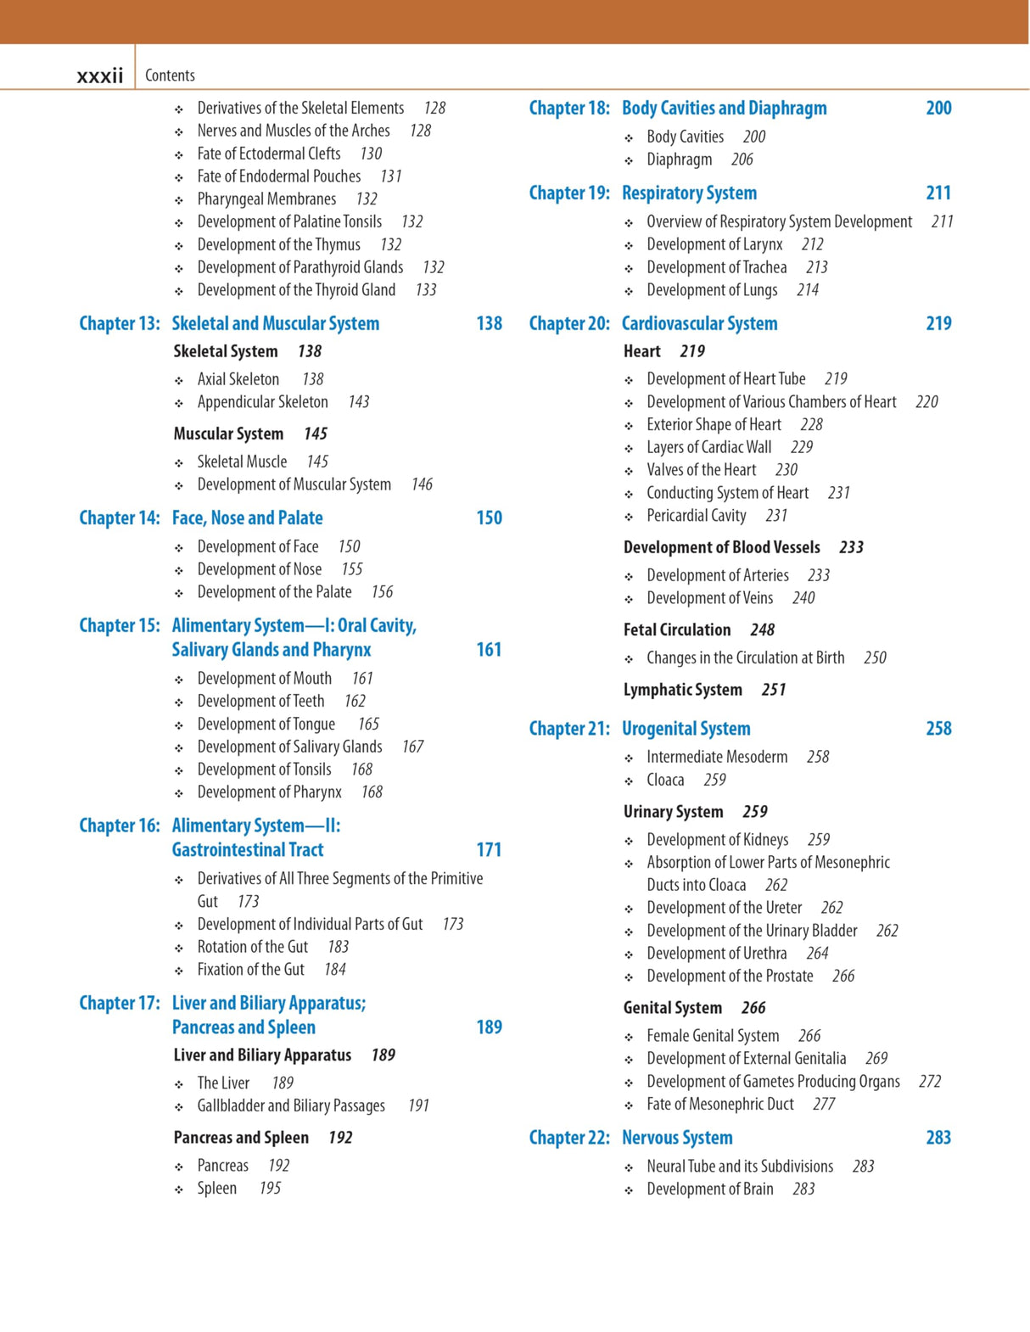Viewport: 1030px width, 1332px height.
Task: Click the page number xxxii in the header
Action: [x=99, y=76]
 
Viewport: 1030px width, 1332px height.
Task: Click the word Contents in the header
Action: [x=170, y=76]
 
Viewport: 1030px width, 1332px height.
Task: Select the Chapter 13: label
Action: [x=119, y=323]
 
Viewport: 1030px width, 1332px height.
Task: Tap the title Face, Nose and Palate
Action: [x=247, y=518]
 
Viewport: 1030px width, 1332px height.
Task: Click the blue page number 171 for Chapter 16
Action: [x=489, y=849]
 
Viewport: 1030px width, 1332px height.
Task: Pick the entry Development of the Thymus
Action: [x=278, y=244]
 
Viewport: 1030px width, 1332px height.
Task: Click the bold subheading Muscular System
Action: [x=228, y=434]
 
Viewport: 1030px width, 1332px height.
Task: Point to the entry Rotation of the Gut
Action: [x=252, y=947]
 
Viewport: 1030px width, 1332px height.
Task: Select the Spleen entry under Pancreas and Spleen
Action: [x=216, y=1188]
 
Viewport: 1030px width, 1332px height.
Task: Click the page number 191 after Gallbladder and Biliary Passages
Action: [x=418, y=1105]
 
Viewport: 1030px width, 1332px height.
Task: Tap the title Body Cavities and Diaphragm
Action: [x=724, y=108]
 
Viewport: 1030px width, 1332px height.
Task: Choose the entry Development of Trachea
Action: [x=716, y=267]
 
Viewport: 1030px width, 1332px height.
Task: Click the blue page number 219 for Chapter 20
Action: [x=938, y=323]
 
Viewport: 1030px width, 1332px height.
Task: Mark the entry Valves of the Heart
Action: [x=701, y=470]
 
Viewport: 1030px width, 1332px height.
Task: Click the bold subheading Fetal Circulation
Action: [x=676, y=630]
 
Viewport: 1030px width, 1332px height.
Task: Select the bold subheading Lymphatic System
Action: [x=682, y=690]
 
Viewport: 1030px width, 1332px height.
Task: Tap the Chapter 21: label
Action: [x=568, y=729]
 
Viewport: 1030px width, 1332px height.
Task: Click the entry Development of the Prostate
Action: [x=730, y=976]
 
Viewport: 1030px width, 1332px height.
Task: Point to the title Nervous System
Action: [x=676, y=1138]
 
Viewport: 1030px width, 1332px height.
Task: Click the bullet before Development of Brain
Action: [x=629, y=1190]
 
